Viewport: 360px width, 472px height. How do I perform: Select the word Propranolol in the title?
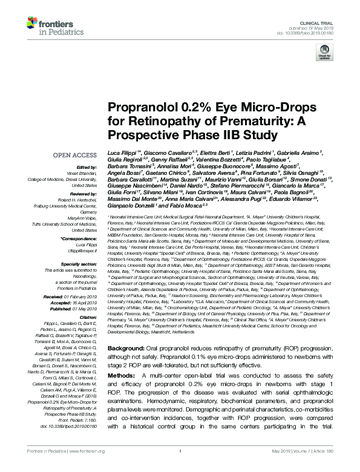point(137,108)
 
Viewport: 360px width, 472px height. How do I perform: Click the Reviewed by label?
point(83,194)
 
